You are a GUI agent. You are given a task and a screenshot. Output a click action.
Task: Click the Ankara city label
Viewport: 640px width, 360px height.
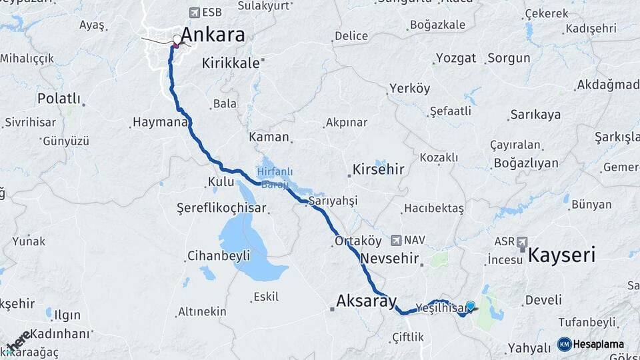click(213, 35)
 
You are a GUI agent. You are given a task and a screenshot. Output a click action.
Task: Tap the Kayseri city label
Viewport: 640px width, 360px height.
click(561, 254)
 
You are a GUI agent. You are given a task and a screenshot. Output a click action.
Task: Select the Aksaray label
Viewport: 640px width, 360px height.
click(366, 300)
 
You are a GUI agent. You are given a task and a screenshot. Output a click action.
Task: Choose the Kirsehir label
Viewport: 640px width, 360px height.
click(379, 169)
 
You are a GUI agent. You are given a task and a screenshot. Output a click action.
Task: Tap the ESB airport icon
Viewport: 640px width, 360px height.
click(194, 12)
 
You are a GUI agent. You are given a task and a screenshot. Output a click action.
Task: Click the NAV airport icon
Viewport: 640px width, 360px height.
click(397, 240)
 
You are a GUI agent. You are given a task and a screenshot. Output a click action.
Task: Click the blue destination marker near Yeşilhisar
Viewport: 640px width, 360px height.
click(470, 306)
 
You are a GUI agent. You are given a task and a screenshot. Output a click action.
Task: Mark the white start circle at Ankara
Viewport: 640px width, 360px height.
click(177, 39)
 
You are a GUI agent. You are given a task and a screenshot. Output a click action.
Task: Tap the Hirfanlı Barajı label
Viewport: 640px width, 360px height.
click(273, 177)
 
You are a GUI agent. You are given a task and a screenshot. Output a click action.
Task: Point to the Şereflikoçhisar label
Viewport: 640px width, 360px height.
click(221, 208)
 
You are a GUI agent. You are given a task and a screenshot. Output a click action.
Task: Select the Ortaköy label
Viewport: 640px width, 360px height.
click(357, 242)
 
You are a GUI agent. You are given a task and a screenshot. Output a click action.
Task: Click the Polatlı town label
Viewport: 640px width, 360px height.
click(59, 99)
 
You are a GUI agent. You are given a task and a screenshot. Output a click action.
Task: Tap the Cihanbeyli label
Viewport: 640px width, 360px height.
click(218, 255)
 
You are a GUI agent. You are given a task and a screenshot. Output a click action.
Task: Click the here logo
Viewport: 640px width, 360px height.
click(18, 340)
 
